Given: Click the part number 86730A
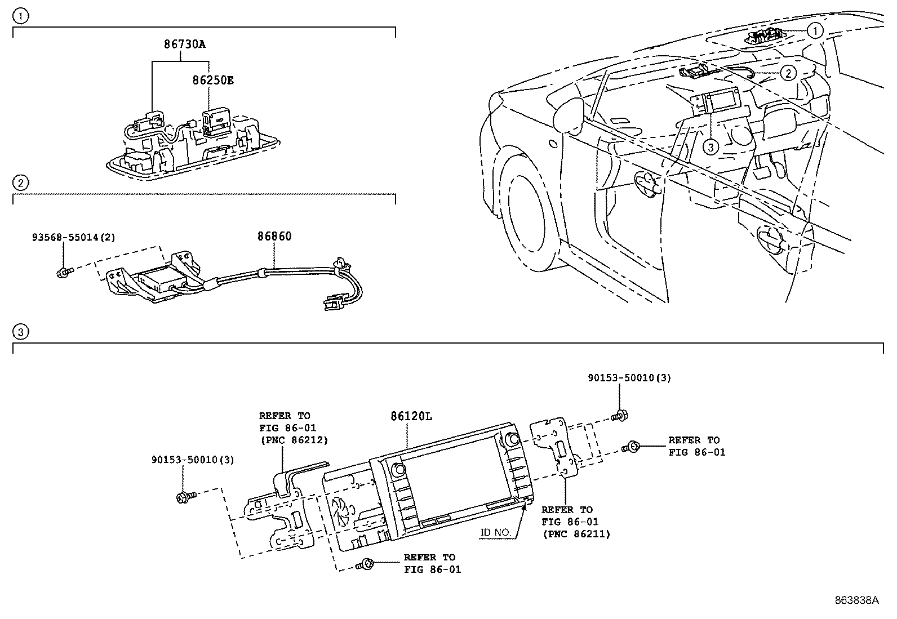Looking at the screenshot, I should [185, 43].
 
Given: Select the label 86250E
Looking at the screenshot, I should [212, 80].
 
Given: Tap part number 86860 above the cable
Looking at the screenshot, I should [274, 237].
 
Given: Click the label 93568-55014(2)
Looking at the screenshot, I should [73, 238].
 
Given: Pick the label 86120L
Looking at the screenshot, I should [411, 416].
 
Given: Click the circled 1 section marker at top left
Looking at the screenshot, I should [20, 16].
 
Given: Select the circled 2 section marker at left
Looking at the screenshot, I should [20, 182].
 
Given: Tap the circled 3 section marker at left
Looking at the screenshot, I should [20, 332].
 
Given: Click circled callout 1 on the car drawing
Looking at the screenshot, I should [815, 30].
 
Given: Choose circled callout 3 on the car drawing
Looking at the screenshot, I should [711, 147].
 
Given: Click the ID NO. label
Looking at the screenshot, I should [496, 532].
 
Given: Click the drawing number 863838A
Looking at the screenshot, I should [856, 600].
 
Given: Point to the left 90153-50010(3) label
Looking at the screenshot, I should [192, 460].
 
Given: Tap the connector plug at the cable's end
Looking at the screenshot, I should [332, 304].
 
